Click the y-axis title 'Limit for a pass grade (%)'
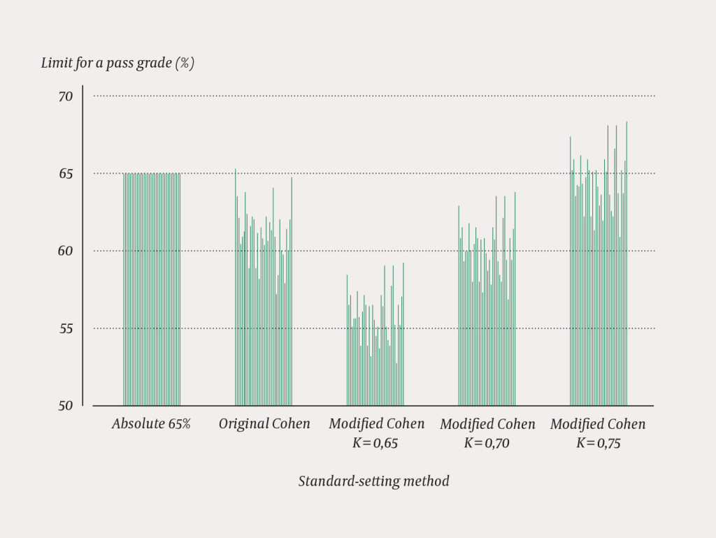[117, 63]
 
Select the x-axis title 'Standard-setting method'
[373, 481]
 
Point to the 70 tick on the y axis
[65, 96]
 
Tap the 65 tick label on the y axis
[65, 174]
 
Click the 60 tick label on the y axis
[65, 251]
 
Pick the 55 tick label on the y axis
[65, 328]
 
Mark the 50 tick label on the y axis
[65, 405]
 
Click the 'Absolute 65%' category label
[151, 424]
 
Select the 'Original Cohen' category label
[264, 424]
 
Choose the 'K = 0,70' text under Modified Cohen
[487, 443]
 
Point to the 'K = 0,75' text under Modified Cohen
[598, 443]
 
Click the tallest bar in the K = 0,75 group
[626, 266]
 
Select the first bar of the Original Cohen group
[235, 293]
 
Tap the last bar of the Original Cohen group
[292, 293]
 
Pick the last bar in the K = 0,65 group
[403, 335]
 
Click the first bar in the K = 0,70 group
[459, 307]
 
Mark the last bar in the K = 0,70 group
[515, 300]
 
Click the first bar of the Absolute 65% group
[124, 293]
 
